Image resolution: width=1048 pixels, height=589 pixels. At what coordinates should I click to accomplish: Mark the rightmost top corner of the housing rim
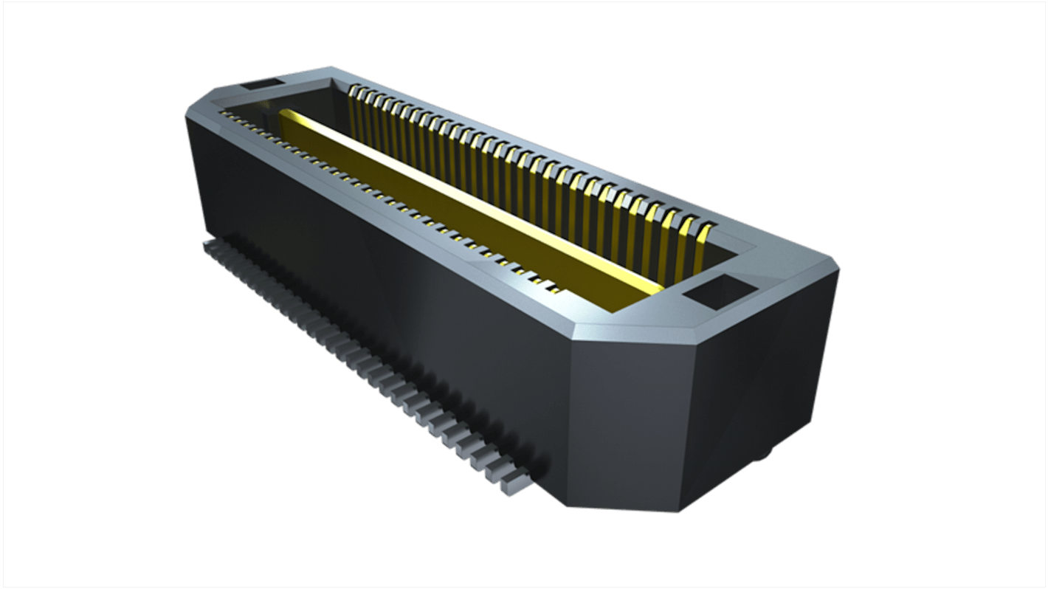pos(840,270)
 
